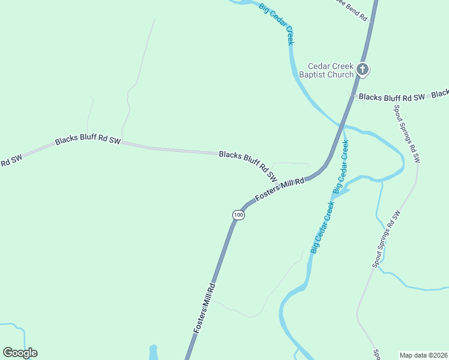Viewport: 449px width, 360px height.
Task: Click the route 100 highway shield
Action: click(239, 214)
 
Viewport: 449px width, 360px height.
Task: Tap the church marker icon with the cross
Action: click(362, 70)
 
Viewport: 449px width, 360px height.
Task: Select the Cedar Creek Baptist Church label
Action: click(331, 71)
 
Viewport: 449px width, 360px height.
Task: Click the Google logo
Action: click(20, 353)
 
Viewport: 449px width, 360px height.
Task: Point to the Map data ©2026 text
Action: click(423, 355)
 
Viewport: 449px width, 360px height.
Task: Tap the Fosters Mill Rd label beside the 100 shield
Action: click(280, 189)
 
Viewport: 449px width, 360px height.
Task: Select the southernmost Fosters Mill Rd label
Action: click(203, 308)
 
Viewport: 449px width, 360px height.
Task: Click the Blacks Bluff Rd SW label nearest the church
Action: click(392, 97)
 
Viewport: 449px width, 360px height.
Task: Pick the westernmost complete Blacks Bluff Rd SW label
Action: click(88, 141)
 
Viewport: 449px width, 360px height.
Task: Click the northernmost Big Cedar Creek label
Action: click(276, 23)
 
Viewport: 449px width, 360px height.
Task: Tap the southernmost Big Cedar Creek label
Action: click(322, 225)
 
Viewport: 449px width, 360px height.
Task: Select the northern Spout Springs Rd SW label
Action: click(406, 133)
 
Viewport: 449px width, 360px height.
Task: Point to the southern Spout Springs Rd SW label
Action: click(386, 239)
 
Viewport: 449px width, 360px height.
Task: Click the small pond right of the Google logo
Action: click(152, 352)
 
